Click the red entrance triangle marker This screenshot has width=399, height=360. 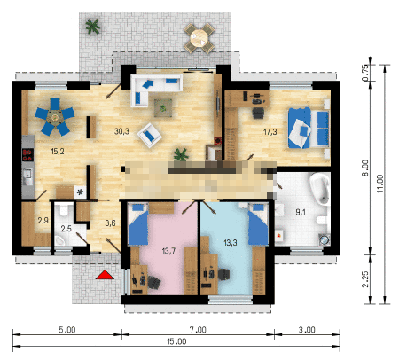coord(105,275)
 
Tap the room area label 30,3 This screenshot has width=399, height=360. coord(121,131)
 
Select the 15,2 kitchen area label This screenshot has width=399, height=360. coord(58,152)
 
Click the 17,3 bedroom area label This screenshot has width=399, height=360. coord(270,132)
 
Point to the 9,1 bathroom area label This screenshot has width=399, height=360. coord(301,212)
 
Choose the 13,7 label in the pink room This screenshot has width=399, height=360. coord(168,251)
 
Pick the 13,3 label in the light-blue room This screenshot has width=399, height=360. coord(231,243)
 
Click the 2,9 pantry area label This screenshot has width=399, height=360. coord(43,220)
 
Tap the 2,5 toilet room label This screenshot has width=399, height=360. coord(66,229)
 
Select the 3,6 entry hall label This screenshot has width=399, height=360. coord(110,223)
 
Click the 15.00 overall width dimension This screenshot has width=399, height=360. coord(176,341)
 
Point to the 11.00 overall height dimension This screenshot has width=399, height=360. coord(380,184)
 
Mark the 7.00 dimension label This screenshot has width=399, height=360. coord(198,330)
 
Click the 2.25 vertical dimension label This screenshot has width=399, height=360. coord(365,279)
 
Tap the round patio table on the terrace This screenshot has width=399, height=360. coord(199,38)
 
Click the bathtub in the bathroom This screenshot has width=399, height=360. coord(320,189)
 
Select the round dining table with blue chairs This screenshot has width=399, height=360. coord(55,117)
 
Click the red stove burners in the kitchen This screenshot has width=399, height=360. coord(27,155)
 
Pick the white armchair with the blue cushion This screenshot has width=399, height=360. coord(150,135)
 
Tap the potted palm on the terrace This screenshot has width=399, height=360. coord(93,27)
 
